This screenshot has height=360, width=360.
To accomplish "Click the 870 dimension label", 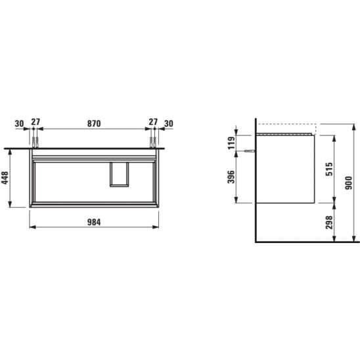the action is tap(94, 124).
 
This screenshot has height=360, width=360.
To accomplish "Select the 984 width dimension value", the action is tap(94, 222).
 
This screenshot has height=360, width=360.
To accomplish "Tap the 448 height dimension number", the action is tap(5, 178).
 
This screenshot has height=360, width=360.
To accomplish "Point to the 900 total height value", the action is tap(349, 183).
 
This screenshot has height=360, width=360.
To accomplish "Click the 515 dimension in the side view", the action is tap(329, 169).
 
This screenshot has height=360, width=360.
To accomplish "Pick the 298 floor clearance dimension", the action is tap(329, 222).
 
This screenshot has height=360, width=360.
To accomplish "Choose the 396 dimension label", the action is tap(231, 177).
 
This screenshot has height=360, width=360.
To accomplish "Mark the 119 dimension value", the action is tap(231, 143).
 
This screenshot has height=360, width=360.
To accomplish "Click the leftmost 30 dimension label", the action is tap(19, 124).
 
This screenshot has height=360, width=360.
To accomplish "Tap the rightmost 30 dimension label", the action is tap(169, 124).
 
